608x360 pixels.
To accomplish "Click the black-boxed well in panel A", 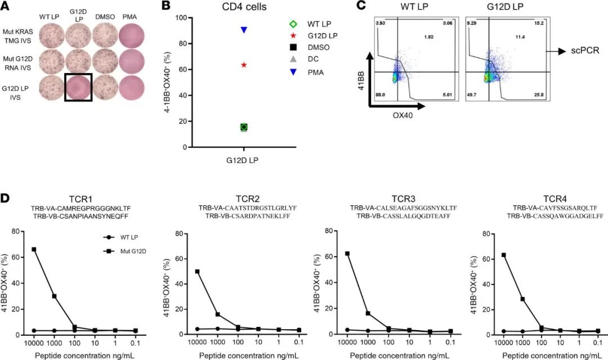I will click(78, 87).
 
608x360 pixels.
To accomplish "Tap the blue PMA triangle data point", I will click(244, 29).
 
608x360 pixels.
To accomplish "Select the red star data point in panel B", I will click(244, 65).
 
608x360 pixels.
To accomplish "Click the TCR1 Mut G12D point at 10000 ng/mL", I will click(34, 249).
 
